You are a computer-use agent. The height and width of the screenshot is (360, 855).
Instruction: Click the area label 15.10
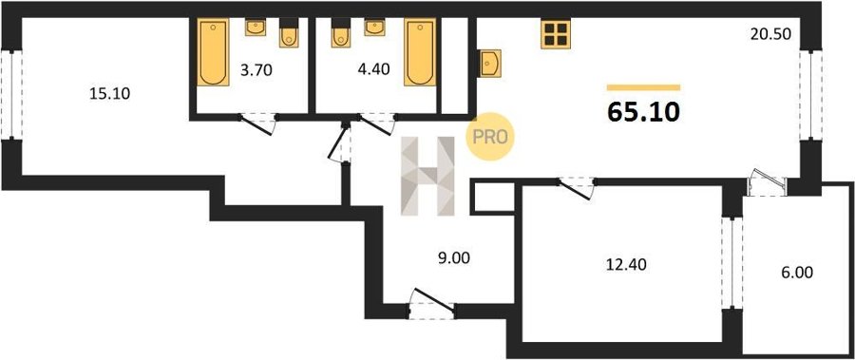click(x=109, y=94)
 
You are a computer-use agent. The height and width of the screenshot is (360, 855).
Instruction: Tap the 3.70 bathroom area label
click(x=256, y=70)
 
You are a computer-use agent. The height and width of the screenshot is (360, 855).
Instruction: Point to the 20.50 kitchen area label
click(x=770, y=34)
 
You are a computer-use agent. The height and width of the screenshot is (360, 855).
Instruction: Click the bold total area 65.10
click(x=643, y=112)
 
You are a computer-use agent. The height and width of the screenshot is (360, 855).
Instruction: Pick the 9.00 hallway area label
click(x=454, y=257)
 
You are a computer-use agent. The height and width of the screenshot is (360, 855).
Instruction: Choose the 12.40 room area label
click(x=626, y=265)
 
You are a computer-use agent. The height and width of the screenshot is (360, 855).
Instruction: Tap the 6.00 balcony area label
click(x=797, y=273)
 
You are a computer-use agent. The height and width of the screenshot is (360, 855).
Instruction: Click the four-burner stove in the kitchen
click(x=556, y=34)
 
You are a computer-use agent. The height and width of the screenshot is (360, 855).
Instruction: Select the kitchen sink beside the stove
click(x=490, y=63)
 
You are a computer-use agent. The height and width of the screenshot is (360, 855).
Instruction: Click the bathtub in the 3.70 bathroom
click(x=213, y=52)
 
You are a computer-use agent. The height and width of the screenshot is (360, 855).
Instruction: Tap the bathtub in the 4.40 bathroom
click(x=420, y=52)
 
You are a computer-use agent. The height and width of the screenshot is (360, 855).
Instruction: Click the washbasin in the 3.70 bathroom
click(x=256, y=28)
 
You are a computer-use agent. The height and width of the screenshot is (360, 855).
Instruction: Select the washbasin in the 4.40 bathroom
click(x=374, y=28)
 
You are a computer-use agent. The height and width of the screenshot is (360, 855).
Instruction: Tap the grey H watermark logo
click(x=428, y=176)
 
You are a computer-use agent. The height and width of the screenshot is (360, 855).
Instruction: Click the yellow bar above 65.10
click(x=643, y=87)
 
